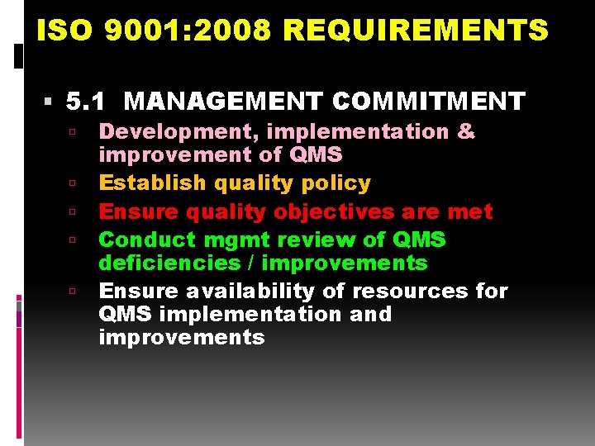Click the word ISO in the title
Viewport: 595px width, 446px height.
[x=59, y=31]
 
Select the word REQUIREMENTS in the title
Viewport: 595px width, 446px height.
[x=415, y=31]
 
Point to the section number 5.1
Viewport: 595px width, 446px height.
[x=87, y=102]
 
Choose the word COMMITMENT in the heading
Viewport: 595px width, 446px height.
[x=428, y=102]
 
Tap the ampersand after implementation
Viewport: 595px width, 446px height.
[x=466, y=131]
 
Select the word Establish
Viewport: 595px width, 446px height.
[x=153, y=183]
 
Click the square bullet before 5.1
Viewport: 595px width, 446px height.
[x=50, y=102]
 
